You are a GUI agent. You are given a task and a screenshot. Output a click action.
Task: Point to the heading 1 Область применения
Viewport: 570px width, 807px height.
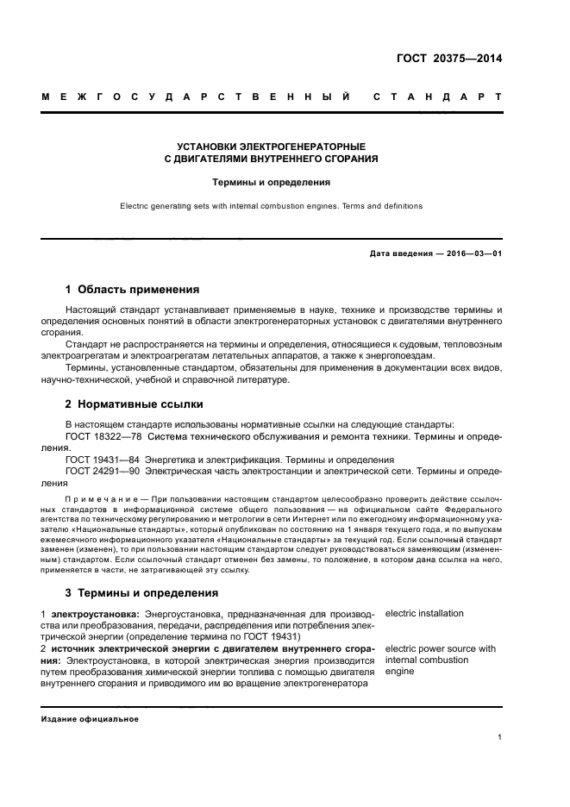click(133, 289)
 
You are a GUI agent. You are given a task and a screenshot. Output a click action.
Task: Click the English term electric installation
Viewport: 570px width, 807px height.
click(424, 614)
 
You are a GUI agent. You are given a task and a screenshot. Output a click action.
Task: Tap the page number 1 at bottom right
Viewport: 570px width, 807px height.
click(499, 738)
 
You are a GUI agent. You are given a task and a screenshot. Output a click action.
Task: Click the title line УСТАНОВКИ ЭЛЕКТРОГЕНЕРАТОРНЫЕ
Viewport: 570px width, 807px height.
click(270, 147)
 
